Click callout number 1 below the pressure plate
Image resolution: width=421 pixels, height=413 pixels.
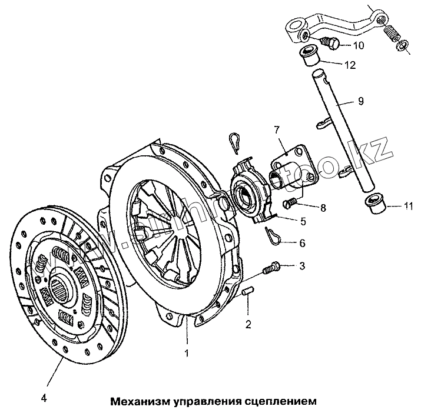click(x=187, y=354)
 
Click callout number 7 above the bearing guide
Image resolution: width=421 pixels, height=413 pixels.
click(x=275, y=129)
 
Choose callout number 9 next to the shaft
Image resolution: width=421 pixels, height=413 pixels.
click(x=360, y=101)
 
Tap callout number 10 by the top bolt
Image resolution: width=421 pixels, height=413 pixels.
click(x=359, y=45)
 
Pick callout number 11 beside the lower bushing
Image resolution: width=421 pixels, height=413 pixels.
click(x=409, y=206)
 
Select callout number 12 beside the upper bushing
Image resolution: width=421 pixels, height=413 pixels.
click(x=350, y=65)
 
